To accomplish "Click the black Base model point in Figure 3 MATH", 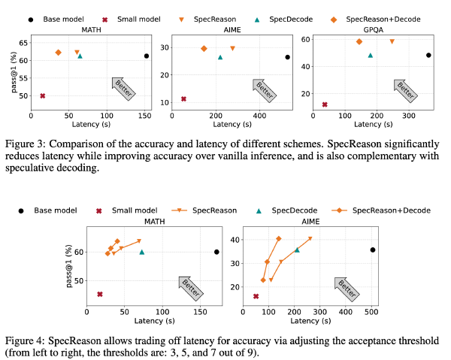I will (x=147, y=56).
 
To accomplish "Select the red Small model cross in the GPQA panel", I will (x=325, y=104).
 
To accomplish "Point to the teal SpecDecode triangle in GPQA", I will (x=370, y=55).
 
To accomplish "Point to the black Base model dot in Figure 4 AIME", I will (x=372, y=250).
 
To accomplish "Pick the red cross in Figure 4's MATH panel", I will (x=99, y=294).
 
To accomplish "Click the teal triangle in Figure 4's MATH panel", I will (x=141, y=252).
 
